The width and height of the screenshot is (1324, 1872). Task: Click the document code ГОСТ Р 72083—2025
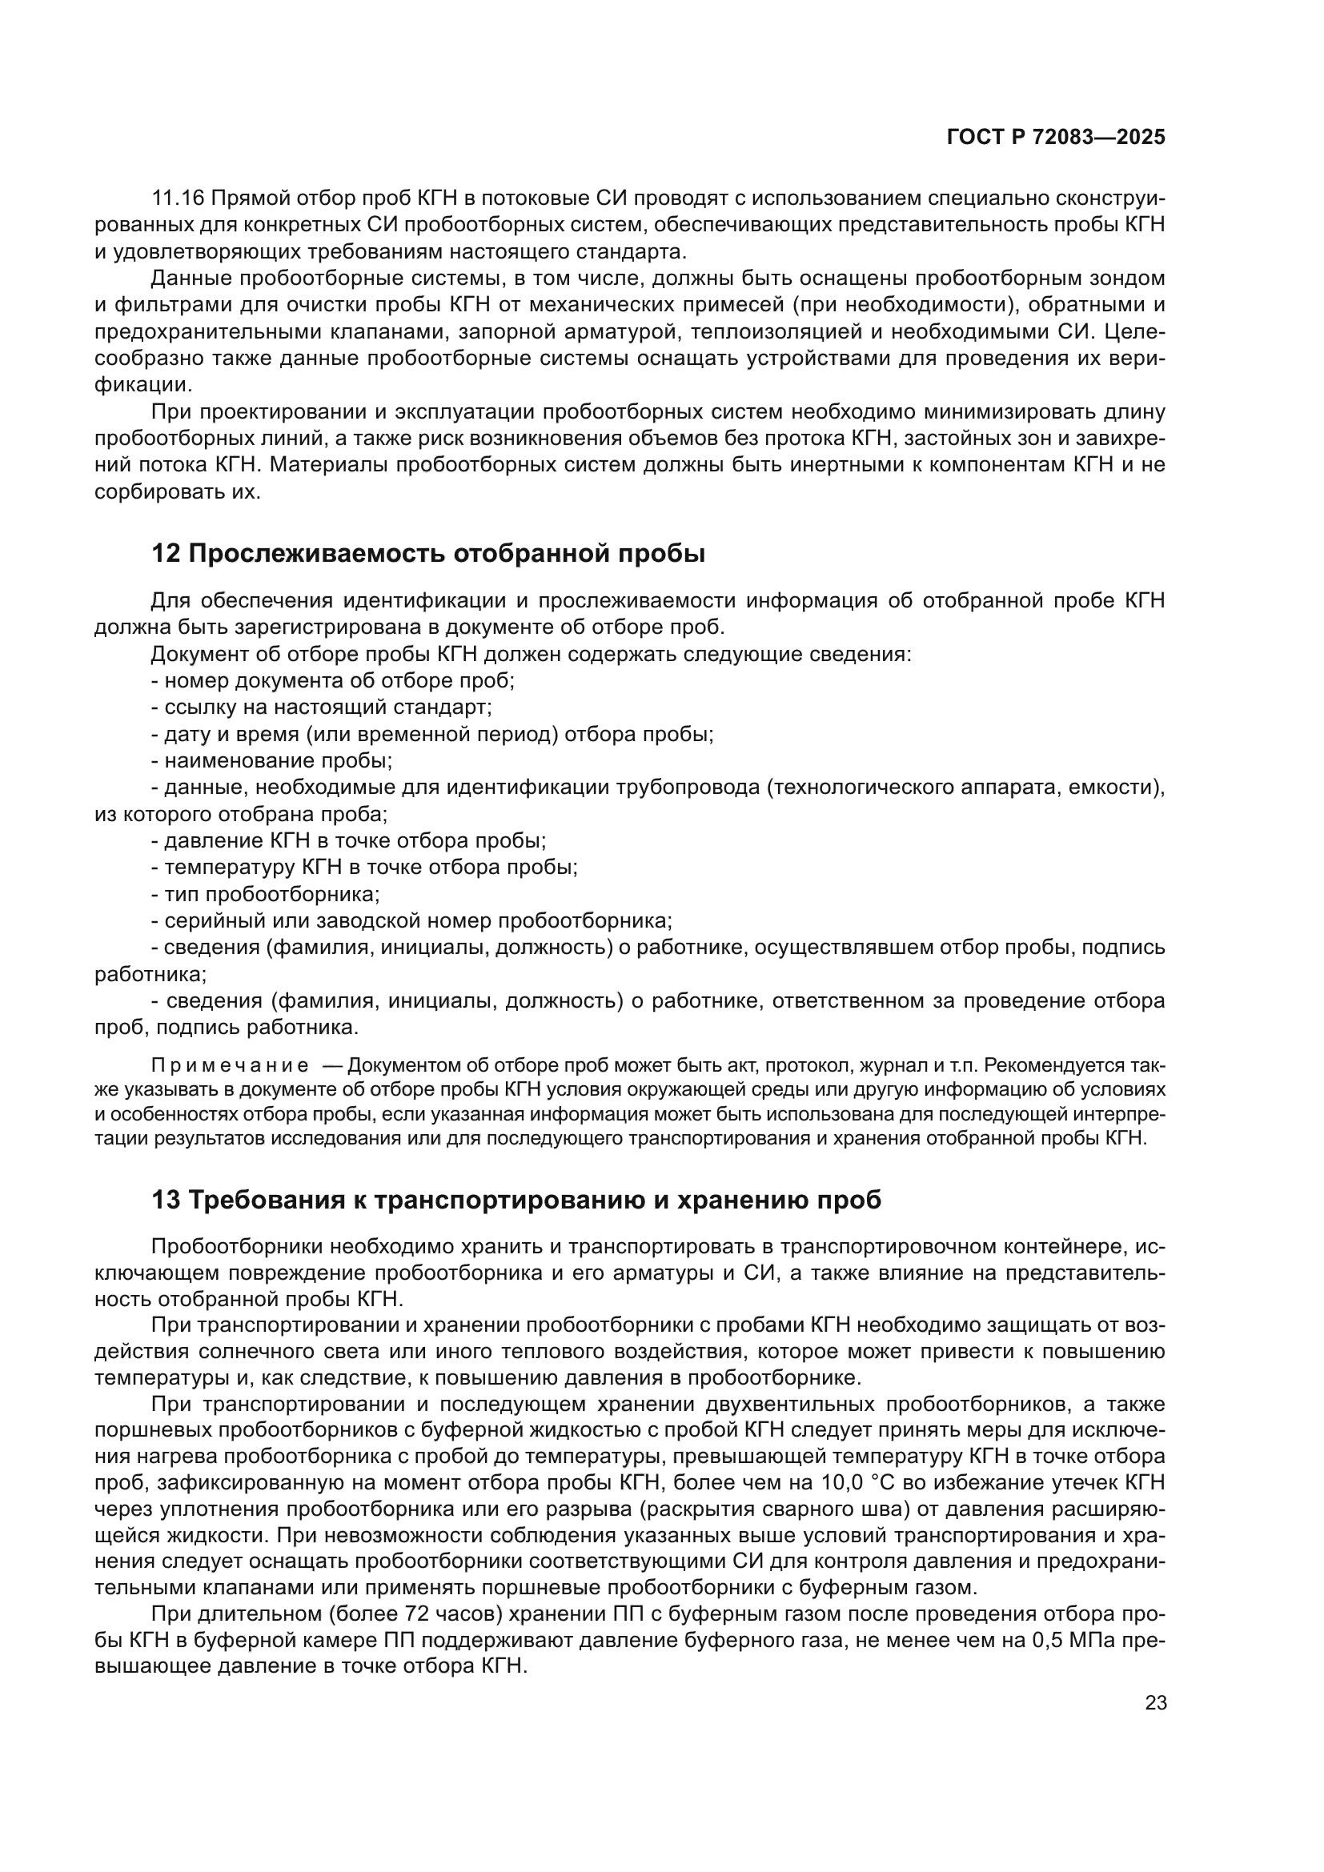[x=1056, y=137]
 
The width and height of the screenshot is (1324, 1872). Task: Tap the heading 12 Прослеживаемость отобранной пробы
[x=428, y=554]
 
